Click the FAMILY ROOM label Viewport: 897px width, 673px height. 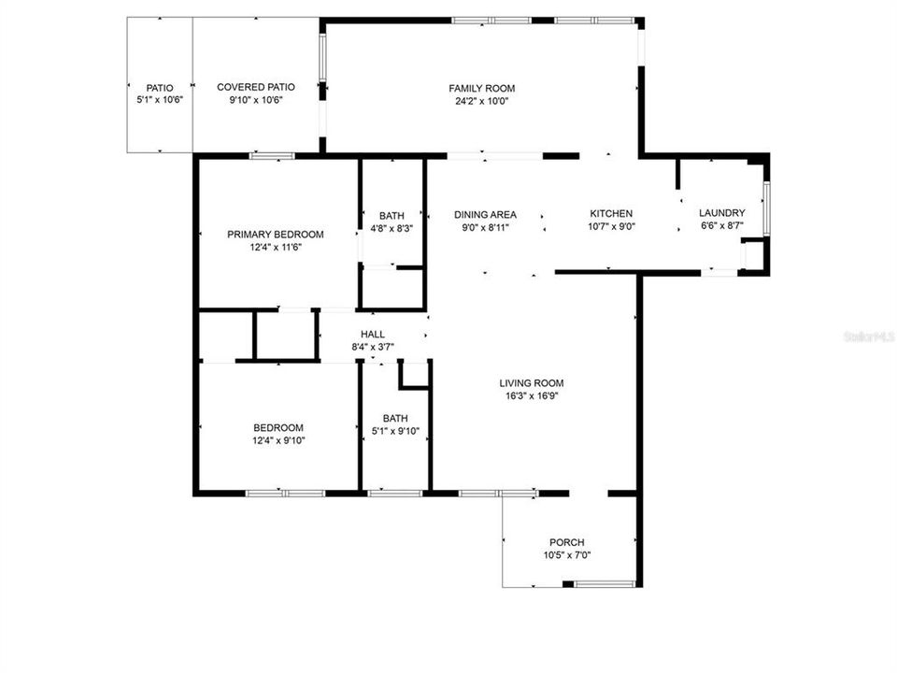(x=481, y=89)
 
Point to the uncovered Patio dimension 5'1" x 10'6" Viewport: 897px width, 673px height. (x=160, y=99)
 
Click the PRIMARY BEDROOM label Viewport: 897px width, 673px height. (x=276, y=235)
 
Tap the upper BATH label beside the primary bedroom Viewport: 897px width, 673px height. (x=392, y=216)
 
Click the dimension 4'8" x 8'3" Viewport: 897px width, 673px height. (x=392, y=227)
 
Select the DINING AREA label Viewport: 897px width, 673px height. (x=485, y=215)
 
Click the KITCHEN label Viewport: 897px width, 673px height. (x=611, y=214)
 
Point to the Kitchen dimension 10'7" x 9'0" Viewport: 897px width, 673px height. (x=611, y=226)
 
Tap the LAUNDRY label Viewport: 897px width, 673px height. (x=722, y=213)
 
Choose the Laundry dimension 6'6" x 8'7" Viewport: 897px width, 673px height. (x=722, y=225)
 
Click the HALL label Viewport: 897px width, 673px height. (x=372, y=335)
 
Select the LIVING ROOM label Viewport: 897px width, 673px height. (x=531, y=383)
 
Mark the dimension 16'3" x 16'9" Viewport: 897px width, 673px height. (x=531, y=395)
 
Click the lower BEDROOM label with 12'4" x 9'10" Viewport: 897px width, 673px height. (x=278, y=428)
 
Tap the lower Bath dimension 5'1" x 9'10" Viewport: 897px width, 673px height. (x=395, y=431)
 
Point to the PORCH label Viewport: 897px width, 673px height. (x=566, y=543)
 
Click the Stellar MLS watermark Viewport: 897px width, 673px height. (x=868, y=334)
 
